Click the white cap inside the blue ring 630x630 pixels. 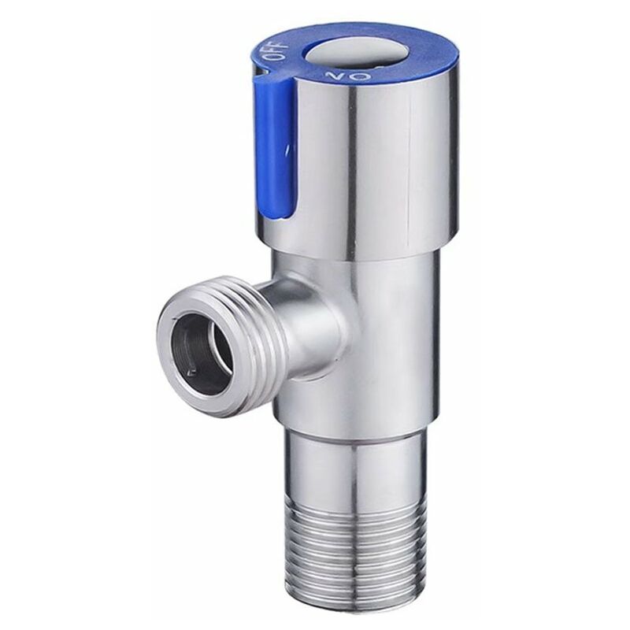[341, 54]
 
